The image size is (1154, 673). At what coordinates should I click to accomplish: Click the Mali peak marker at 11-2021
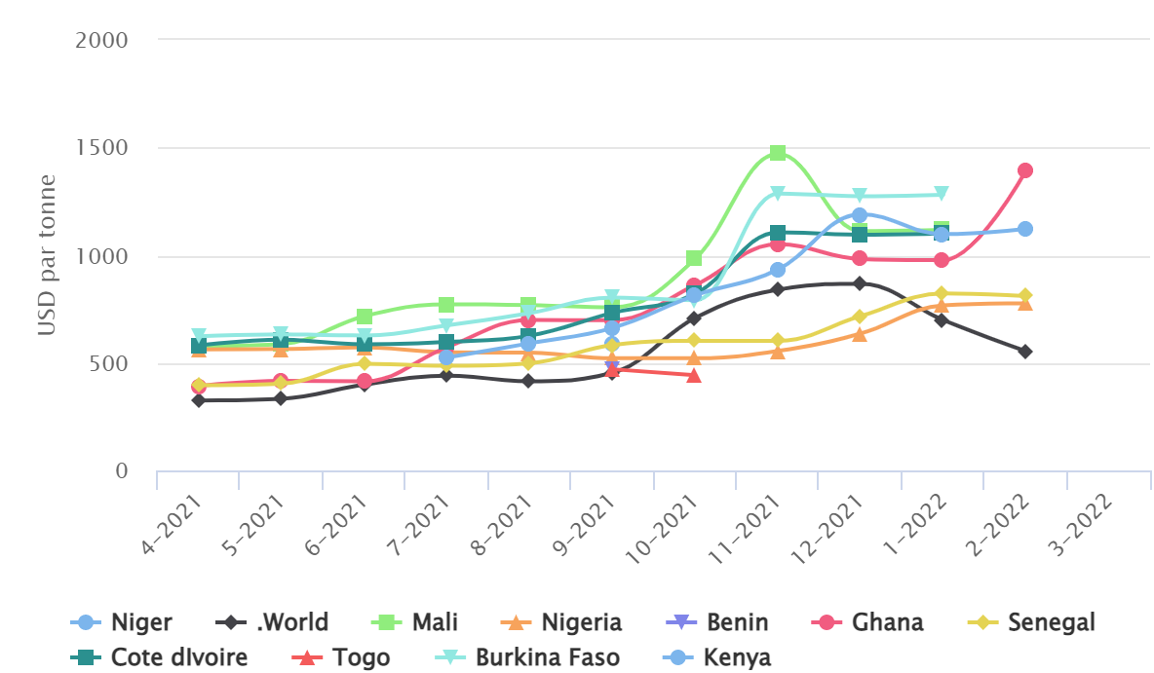[777, 153]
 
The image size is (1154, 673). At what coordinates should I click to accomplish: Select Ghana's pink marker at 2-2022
[1024, 170]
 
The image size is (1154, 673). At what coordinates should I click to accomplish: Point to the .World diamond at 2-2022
[1024, 351]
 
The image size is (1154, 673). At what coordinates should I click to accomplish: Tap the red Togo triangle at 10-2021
[694, 375]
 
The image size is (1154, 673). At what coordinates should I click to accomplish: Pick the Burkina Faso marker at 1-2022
[942, 194]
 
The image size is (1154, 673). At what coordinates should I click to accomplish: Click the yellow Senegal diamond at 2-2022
[1024, 295]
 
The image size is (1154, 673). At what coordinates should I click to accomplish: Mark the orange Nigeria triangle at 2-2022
[1024, 303]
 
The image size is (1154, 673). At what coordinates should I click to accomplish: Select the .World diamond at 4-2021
[199, 400]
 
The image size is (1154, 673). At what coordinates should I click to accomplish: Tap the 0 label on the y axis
[121, 472]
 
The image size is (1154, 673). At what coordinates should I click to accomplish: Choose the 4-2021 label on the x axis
[175, 523]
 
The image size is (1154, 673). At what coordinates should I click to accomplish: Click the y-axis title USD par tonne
[48, 255]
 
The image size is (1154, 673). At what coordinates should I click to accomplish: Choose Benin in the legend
[722, 622]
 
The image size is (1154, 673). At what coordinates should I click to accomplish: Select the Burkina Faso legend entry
[530, 657]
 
